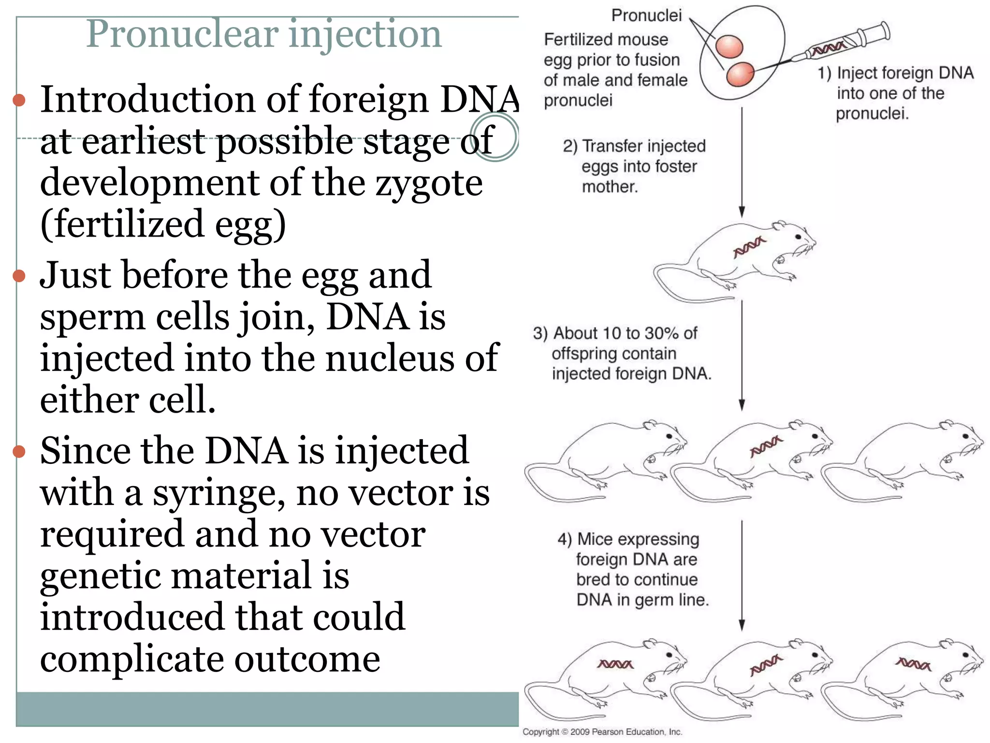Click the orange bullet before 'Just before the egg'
tap(19, 276)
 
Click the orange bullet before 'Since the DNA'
tap(19, 451)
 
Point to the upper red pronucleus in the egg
tap(729, 47)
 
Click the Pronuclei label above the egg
tap(646, 15)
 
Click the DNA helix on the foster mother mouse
tap(749, 247)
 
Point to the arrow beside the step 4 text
tap(742, 576)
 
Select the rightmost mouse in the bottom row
tap(904, 677)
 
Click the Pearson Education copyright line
tap(602, 732)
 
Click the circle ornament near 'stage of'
tap(495, 137)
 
